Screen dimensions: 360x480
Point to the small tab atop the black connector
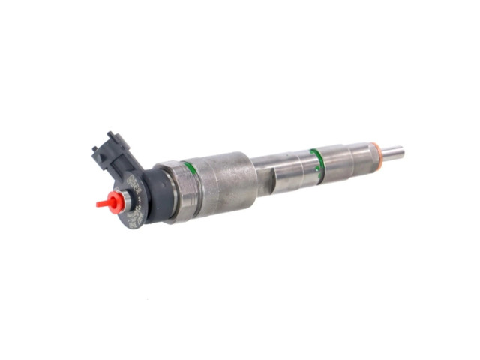pyautogui.click(x=112, y=136)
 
